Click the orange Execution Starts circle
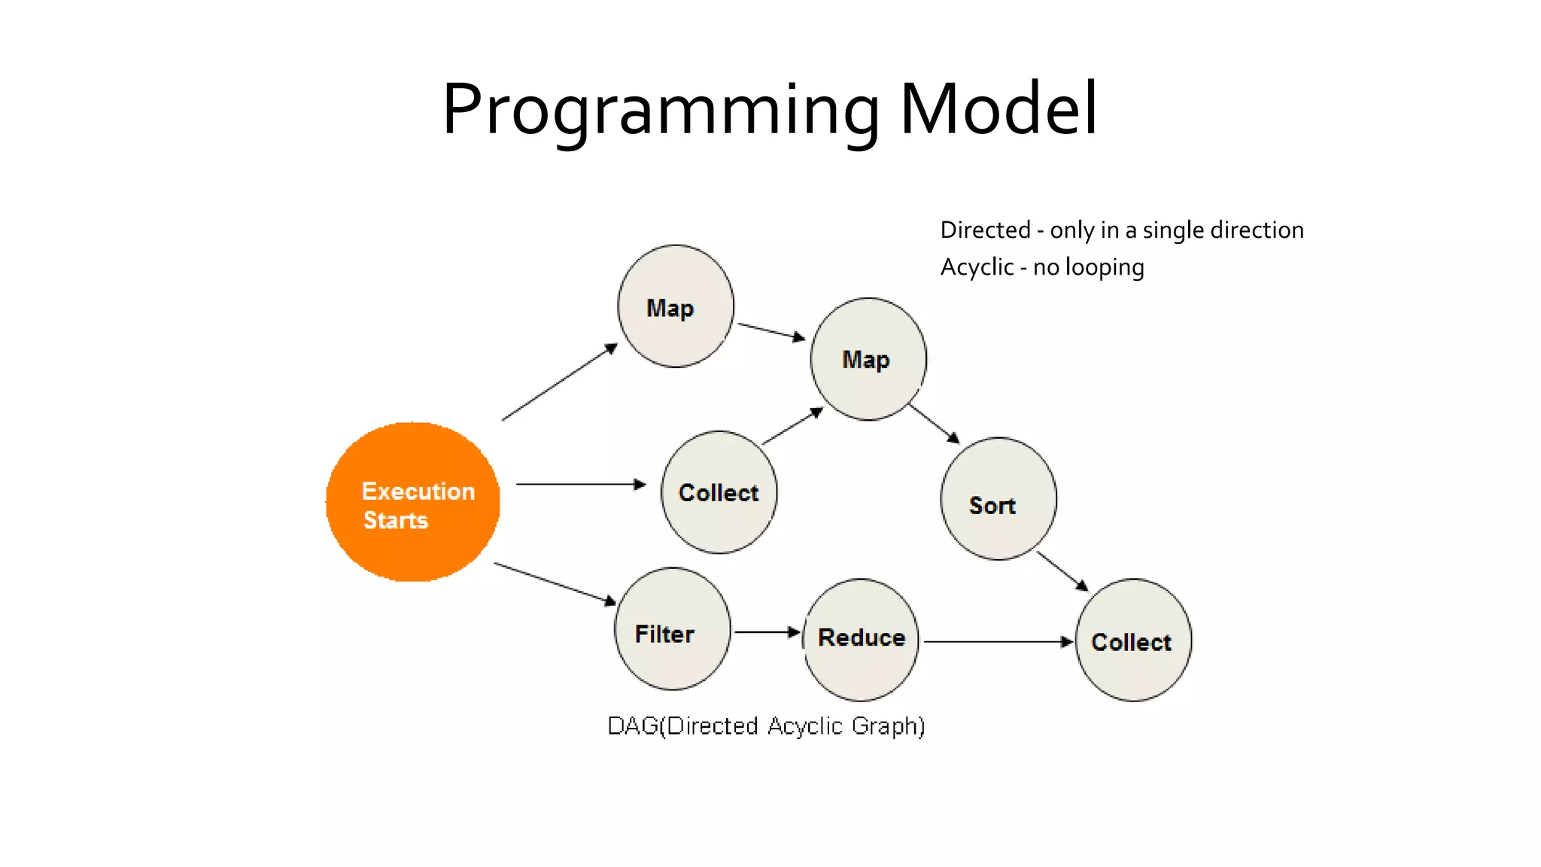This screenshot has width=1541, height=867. click(x=412, y=502)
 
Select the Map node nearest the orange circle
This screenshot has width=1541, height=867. click(x=675, y=306)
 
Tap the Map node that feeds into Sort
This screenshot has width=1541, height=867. click(x=868, y=359)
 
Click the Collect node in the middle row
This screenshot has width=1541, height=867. click(x=719, y=492)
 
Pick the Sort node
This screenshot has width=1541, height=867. click(x=998, y=499)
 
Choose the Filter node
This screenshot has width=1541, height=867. click(x=672, y=629)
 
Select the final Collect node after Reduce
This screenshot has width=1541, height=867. click(x=1133, y=640)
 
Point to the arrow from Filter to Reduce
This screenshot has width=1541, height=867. click(x=766, y=632)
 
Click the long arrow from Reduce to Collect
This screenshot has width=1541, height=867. click(x=997, y=642)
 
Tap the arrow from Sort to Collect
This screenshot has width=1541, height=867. click(x=1062, y=571)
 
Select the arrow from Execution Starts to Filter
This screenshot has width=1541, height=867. click(x=555, y=583)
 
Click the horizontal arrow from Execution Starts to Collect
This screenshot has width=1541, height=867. click(x=580, y=484)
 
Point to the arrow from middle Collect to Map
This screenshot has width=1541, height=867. click(x=792, y=427)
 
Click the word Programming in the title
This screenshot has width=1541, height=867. click(x=661, y=110)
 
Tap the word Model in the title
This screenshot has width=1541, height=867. click(x=998, y=110)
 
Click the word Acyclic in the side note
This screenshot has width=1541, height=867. click(x=977, y=267)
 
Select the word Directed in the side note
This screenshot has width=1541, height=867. click(x=985, y=230)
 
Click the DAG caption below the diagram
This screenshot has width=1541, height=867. click(x=766, y=726)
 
